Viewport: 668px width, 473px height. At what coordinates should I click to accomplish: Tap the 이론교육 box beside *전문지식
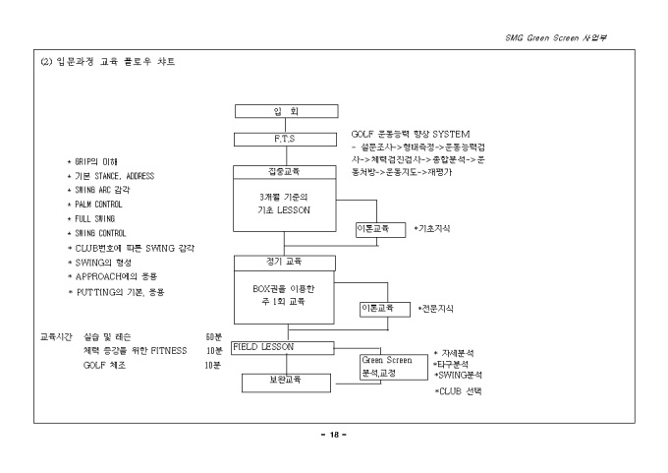click(x=383, y=309)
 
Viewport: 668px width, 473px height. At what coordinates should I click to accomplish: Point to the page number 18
click(x=333, y=435)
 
